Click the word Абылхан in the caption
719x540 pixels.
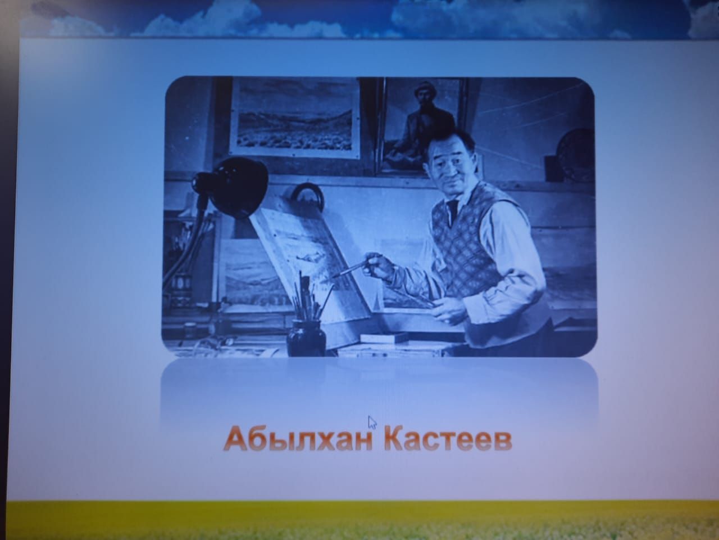(x=299, y=439)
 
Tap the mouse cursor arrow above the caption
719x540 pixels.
(x=372, y=422)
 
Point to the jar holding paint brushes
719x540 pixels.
(x=306, y=337)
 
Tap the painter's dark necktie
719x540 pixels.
(x=453, y=210)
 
